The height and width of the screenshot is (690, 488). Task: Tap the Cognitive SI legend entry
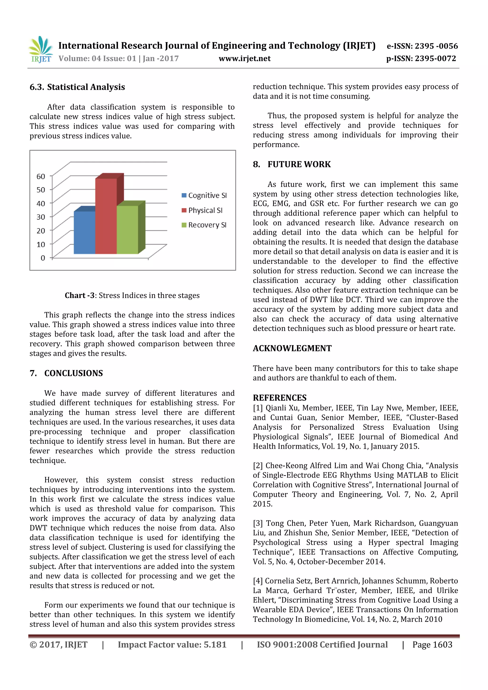(204, 195)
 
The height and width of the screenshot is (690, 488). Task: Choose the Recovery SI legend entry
(204, 225)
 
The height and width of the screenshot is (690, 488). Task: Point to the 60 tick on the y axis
(41, 176)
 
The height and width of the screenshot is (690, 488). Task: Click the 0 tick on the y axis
(43, 258)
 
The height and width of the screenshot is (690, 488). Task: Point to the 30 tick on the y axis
(41, 217)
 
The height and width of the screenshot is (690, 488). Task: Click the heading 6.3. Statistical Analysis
(77, 87)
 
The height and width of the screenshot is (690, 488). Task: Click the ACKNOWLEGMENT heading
(292, 348)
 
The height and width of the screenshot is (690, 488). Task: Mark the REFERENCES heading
(279, 398)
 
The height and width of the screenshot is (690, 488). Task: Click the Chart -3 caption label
(79, 295)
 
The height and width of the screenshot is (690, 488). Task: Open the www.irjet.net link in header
(244, 58)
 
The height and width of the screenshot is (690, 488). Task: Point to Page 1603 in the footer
(432, 645)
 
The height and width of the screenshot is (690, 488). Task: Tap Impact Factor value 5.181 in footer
(172, 645)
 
